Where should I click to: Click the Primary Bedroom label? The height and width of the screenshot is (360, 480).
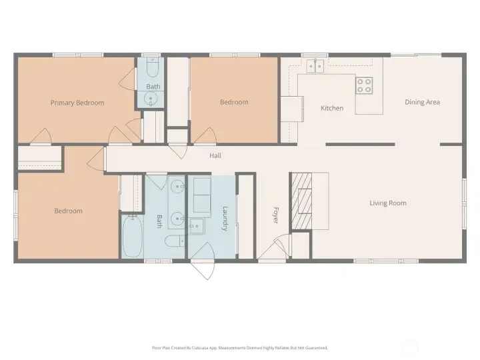(77, 103)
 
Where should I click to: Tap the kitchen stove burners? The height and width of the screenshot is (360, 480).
(364, 85)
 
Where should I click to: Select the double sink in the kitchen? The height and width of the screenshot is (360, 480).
(315, 65)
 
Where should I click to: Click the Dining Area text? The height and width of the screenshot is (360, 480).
(422, 102)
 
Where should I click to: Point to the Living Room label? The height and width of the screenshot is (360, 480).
(388, 203)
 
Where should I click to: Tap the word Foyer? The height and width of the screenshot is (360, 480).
(275, 215)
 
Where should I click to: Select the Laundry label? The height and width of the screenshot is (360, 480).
(225, 218)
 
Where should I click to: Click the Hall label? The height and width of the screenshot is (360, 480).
(215, 156)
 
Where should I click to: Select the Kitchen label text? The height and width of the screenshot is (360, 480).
(332, 108)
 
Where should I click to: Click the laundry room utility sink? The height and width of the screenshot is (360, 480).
(196, 226)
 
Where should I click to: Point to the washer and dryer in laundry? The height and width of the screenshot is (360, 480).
(201, 193)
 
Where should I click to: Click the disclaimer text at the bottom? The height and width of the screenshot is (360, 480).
(240, 347)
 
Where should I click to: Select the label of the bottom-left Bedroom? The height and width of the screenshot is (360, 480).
(68, 211)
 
